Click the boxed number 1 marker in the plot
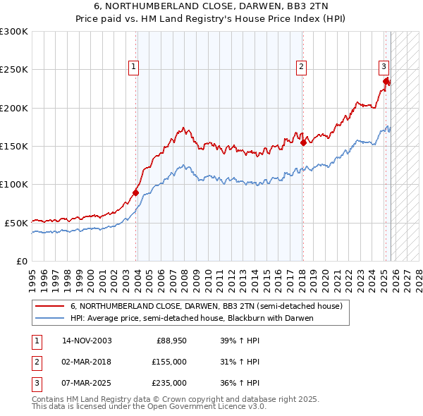pos(133,67)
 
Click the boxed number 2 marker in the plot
pos(301,67)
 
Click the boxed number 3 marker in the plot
pos(384,67)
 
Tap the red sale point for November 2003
pos(136,192)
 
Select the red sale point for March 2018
pos(303,142)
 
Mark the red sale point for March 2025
pos(386,81)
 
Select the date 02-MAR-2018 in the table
pos(87,362)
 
